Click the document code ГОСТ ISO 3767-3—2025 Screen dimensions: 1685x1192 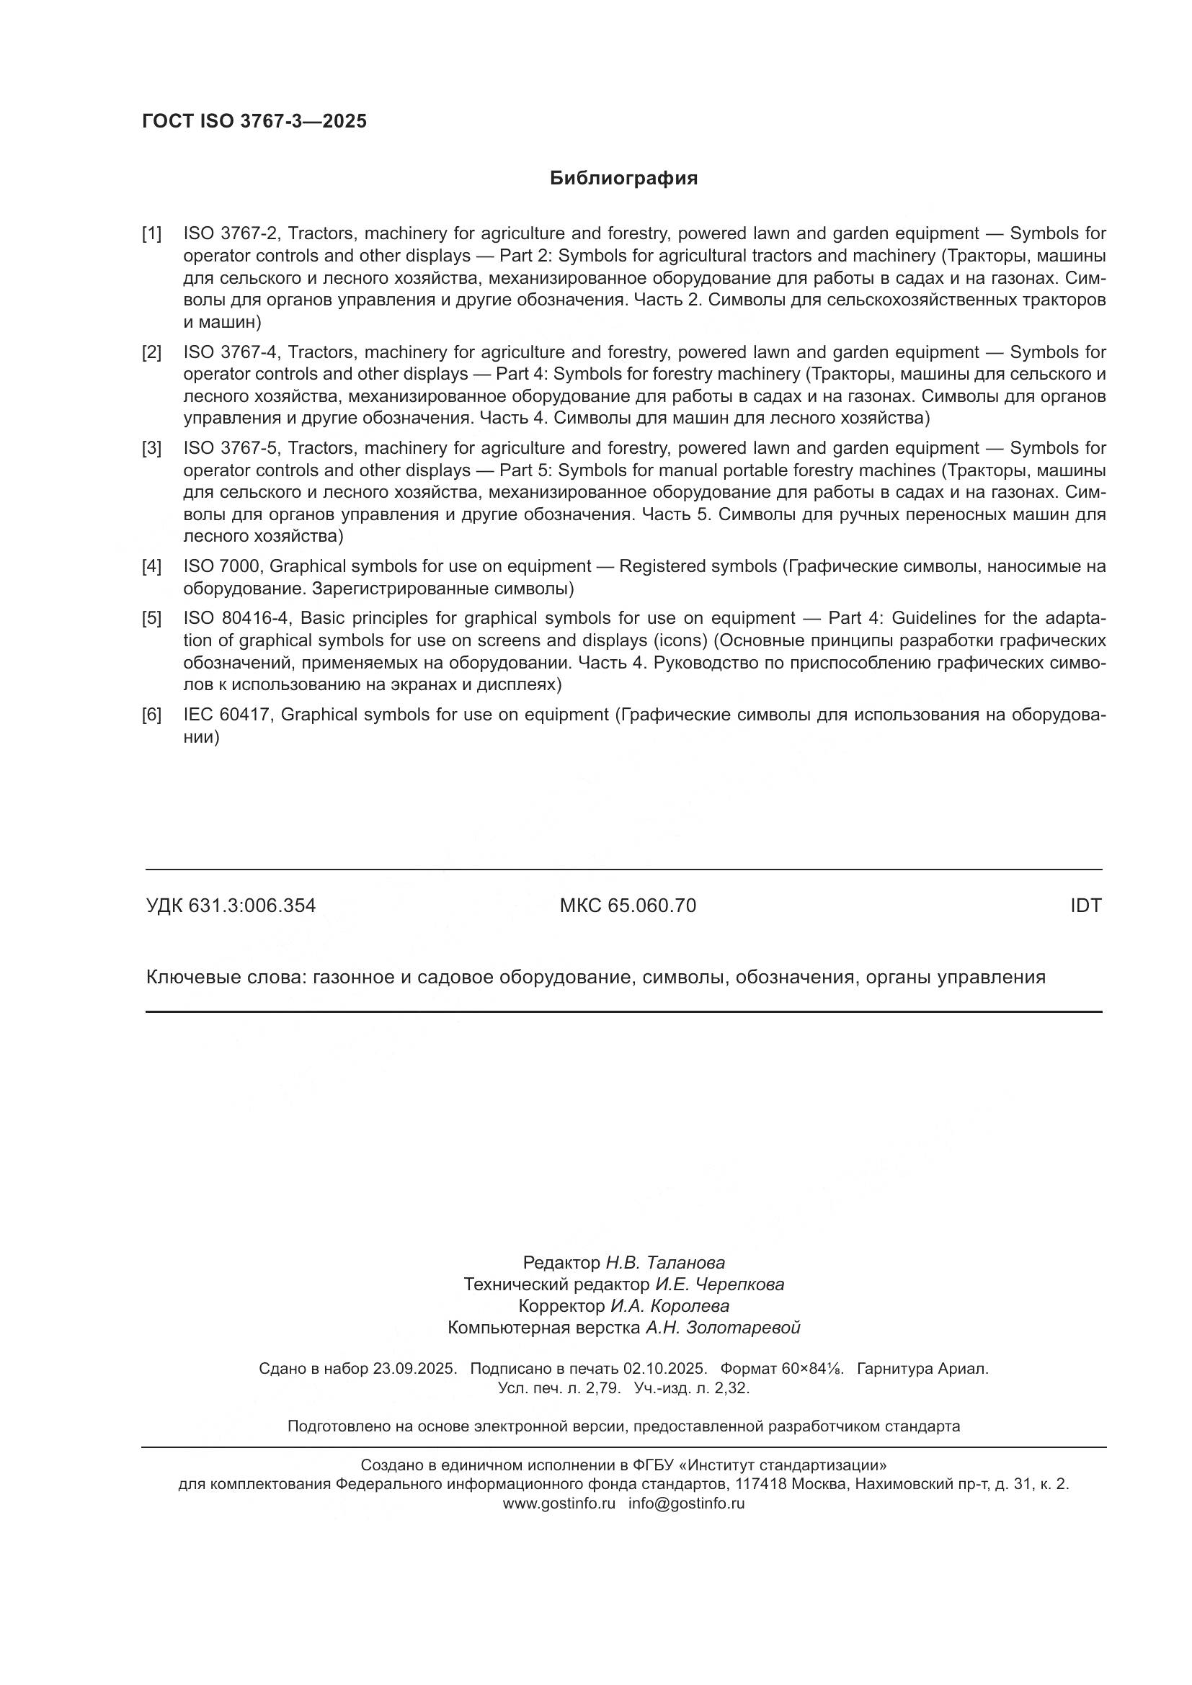point(254,122)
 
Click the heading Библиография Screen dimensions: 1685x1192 point(623,179)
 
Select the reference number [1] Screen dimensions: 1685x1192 point(152,234)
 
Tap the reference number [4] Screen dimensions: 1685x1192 point(152,566)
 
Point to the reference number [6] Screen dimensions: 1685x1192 point(152,715)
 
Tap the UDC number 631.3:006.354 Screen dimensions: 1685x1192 point(252,906)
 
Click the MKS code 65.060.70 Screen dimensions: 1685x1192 point(651,906)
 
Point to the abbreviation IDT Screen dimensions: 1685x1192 point(1085,906)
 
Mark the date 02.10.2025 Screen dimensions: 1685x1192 point(665,1369)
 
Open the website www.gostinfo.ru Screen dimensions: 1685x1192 point(559,1503)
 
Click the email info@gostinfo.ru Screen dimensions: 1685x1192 point(686,1503)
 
